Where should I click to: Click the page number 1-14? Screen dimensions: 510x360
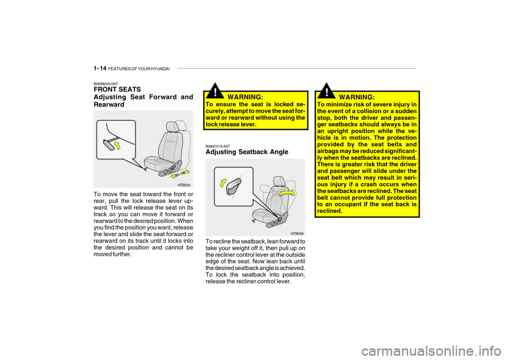(100, 68)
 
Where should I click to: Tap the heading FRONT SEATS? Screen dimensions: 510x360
(117, 89)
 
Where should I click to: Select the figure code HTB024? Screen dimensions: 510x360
(184, 185)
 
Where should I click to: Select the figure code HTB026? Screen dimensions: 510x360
(297, 234)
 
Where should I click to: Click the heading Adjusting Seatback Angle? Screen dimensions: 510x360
(247, 152)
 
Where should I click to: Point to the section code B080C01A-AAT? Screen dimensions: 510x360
(218, 147)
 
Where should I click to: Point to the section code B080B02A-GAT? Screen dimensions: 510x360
(106, 83)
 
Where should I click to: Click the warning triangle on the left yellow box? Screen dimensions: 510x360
(215, 91)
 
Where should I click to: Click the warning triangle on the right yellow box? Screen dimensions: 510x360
(327, 91)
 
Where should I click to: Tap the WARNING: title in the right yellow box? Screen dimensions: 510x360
(357, 97)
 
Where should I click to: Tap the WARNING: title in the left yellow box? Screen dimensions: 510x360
(245, 97)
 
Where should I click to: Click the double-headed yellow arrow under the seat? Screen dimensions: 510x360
(180, 173)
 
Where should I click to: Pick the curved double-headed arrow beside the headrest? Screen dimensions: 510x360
(287, 193)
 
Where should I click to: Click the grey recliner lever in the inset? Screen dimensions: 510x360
(234, 187)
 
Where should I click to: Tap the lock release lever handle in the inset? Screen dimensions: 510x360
(108, 144)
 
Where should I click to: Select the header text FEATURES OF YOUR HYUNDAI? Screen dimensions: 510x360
(139, 69)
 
